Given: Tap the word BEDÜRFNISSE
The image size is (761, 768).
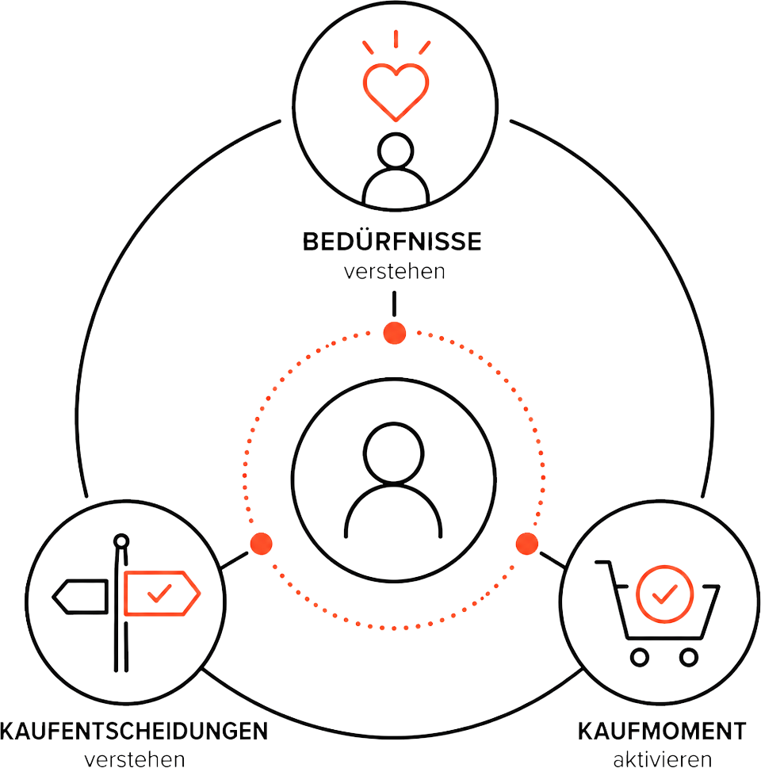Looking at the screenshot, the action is click(x=392, y=242).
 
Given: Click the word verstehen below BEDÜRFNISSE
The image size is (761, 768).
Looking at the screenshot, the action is click(x=395, y=271).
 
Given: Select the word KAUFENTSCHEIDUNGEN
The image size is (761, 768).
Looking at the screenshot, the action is click(x=134, y=732).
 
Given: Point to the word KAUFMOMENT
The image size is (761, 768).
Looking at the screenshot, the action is click(x=662, y=732).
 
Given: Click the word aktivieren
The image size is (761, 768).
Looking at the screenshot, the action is click(x=662, y=759).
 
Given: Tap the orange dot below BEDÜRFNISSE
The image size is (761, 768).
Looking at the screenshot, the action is click(x=395, y=333).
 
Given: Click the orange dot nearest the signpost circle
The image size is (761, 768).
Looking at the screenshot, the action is click(x=261, y=544).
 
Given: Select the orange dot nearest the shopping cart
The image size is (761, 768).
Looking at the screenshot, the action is click(x=527, y=544).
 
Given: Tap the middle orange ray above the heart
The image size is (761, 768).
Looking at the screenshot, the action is click(x=396, y=39).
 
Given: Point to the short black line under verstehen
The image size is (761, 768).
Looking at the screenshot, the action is click(x=394, y=304).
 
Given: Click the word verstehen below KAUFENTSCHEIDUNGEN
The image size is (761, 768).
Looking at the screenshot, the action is click(x=135, y=759).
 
